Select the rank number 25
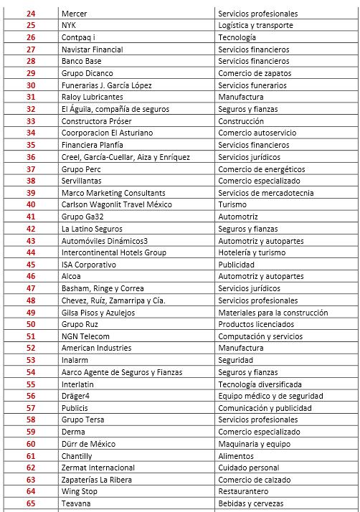pos(30,25)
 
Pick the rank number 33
pos(30,121)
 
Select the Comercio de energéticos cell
pos(261,169)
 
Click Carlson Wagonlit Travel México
pos(118,204)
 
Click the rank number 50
pos(30,324)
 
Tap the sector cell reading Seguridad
pos(236,360)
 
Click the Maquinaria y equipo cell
pos(253,444)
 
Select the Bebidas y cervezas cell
pos(250,503)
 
